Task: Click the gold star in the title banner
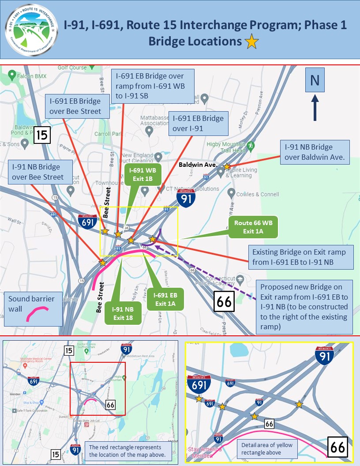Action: point(252,42)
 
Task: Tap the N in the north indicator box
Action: point(314,80)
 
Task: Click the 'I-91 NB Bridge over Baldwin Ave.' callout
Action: point(315,152)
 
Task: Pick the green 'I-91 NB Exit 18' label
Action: point(123,312)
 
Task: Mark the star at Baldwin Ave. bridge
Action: point(226,166)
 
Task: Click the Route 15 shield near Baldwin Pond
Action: point(42,135)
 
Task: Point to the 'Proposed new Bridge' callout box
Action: point(305,306)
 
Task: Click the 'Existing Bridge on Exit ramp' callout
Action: point(301,257)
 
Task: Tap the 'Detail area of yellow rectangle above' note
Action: point(267,448)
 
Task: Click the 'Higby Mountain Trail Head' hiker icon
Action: point(251,145)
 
